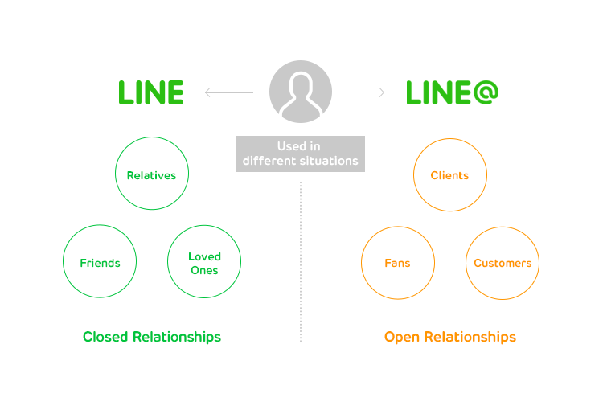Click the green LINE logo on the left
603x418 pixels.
tap(151, 92)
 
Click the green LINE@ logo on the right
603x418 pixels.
tap(452, 92)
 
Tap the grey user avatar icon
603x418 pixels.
tap(301, 92)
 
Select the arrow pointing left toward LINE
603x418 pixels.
tap(228, 92)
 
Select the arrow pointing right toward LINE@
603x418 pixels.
tap(367, 92)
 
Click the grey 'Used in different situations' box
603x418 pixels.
tap(301, 154)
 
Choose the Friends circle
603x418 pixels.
tap(100, 263)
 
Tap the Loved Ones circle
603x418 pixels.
tap(204, 263)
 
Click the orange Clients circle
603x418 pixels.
tap(449, 175)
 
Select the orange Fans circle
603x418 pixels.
tap(397, 263)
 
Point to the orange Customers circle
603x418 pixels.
tap(503, 263)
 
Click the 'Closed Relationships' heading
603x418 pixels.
tap(151, 337)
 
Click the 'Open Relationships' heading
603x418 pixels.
tap(449, 337)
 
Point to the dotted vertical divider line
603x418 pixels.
tap(301, 265)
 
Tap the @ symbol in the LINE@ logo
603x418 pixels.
tap(484, 92)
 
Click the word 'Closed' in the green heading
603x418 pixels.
tap(105, 337)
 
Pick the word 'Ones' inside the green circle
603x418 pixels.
tap(204, 271)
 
